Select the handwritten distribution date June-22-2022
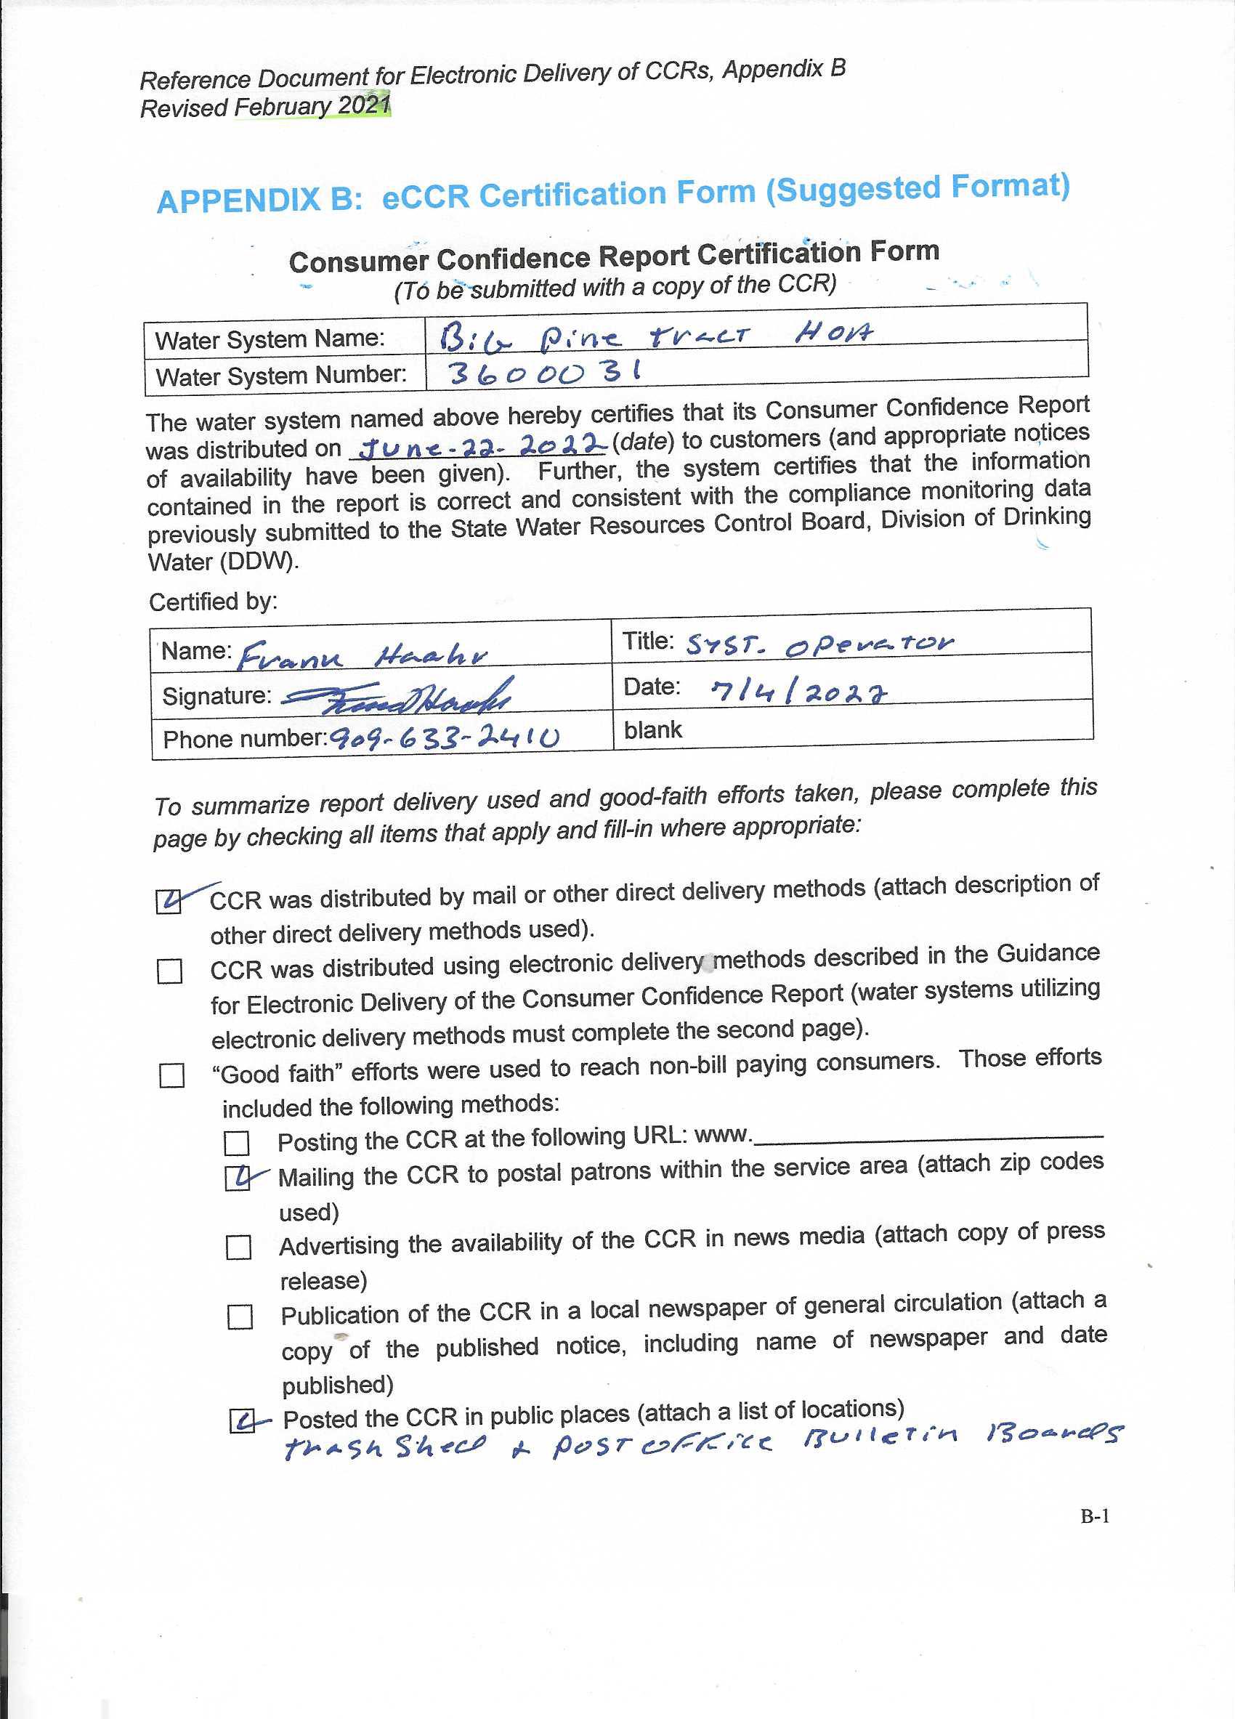[482, 446]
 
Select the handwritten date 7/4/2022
[798, 690]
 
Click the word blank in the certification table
[652, 730]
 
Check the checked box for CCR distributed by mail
[169, 901]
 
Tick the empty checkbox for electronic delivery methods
[170, 971]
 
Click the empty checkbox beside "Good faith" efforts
[172, 1075]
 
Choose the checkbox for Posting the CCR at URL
[236, 1143]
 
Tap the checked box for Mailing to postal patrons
[238, 1178]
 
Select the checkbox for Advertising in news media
[239, 1247]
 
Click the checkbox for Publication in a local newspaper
[240, 1316]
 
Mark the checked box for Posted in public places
[243, 1420]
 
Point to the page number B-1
[1094, 1516]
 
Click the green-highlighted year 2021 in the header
[364, 105]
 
